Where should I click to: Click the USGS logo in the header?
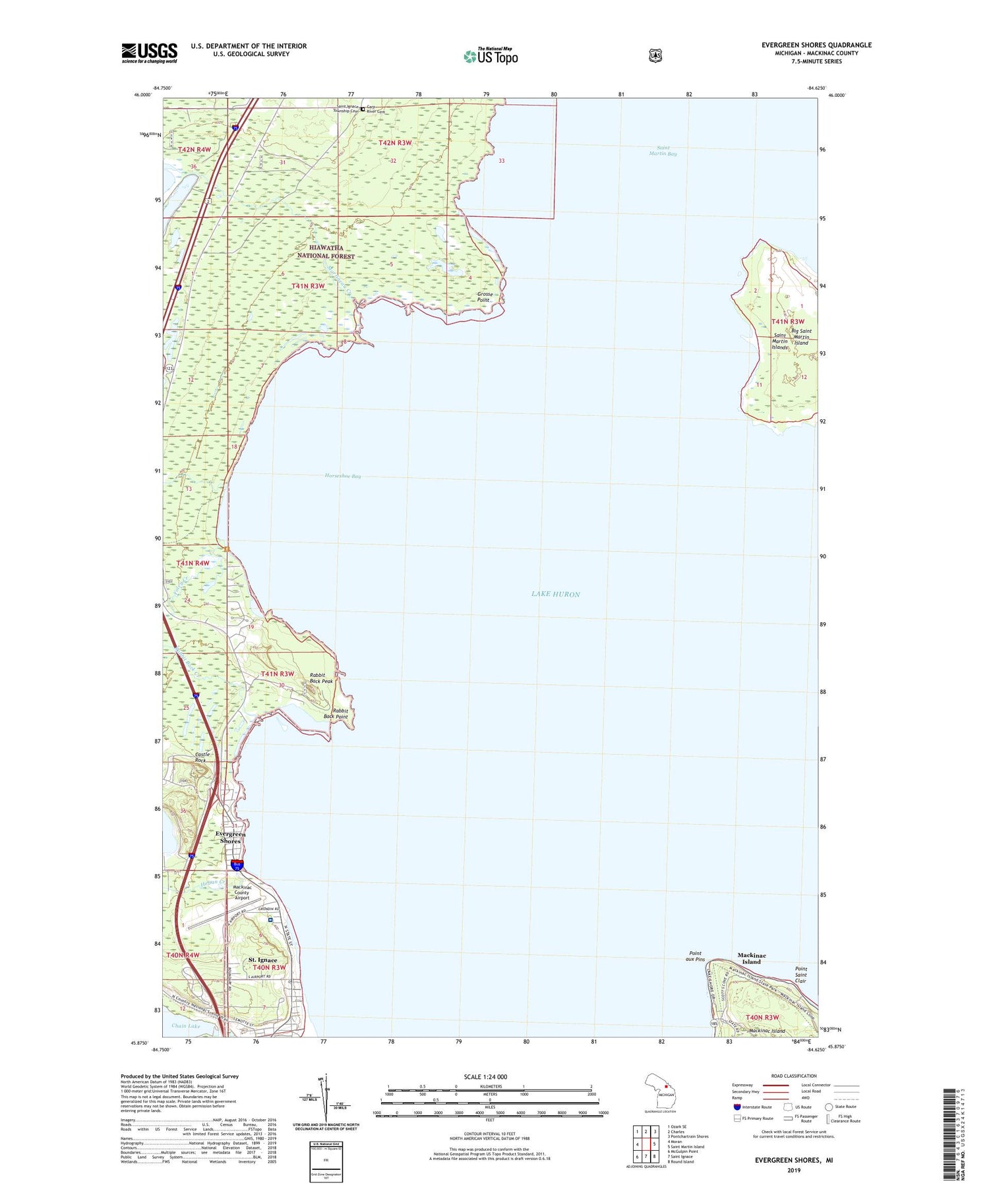pos(149,53)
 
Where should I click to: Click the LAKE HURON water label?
pos(556,594)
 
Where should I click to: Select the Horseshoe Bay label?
pos(343,476)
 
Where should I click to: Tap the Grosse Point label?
pos(483,297)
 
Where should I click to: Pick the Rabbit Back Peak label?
pos(321,678)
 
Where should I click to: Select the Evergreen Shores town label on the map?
pos(230,837)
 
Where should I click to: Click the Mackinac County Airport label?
pos(242,892)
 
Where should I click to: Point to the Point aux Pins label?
pos(695,956)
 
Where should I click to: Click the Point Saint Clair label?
pos(800,974)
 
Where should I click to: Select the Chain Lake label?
pos(185,1026)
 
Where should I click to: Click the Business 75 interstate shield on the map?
pos(237,865)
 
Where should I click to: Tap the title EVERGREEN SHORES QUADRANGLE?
pos(816,45)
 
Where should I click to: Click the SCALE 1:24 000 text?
pos(485,1077)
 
